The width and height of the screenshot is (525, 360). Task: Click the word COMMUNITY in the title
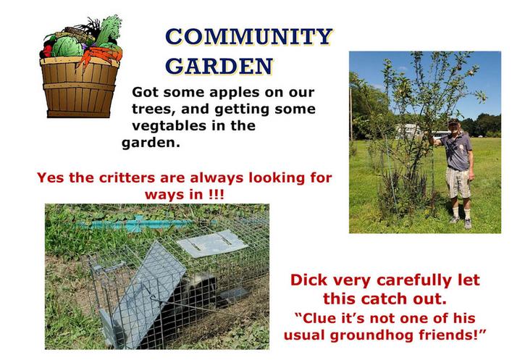pos(249,36)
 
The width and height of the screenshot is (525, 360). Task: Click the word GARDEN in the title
pos(219,66)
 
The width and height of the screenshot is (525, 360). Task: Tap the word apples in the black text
pos(235,93)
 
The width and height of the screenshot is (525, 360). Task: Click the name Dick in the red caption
pos(308,280)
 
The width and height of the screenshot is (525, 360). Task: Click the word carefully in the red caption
pos(411,280)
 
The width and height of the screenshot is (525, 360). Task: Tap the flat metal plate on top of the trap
pos(212,243)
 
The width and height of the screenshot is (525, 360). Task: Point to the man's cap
pos(454,121)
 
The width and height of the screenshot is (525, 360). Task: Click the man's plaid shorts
pos(458,183)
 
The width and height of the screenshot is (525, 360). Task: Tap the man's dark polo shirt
pos(456,151)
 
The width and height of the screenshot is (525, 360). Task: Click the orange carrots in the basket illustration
pos(101,55)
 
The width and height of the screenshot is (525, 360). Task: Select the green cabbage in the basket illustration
pos(67,46)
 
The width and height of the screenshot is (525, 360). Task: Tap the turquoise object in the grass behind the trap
pos(134,224)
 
